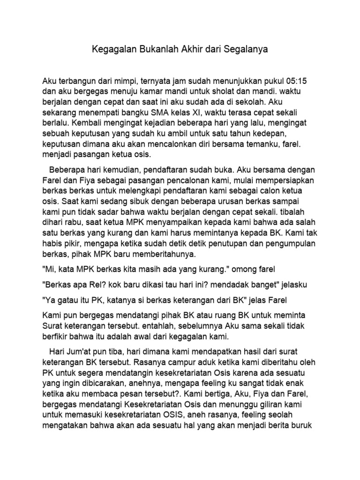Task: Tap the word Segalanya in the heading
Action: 248,49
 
